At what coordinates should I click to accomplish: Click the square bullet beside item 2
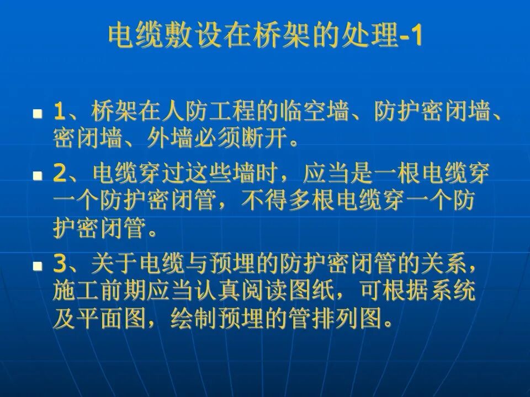coord(38,176)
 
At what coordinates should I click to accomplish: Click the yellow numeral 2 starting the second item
coord(60,175)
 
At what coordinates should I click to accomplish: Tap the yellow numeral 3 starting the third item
coord(60,265)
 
